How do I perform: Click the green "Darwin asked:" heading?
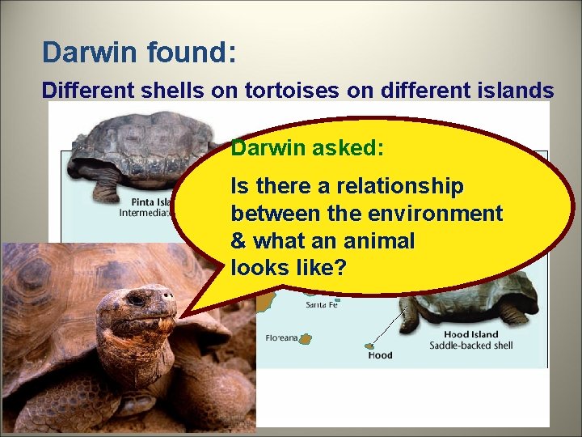[x=307, y=148]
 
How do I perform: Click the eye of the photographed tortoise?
[x=137, y=299]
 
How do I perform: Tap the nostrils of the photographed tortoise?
[x=168, y=297]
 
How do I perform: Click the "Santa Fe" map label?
[x=323, y=305]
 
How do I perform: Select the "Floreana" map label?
[x=280, y=338]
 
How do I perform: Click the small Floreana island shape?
[x=306, y=339]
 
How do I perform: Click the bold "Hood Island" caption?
[x=471, y=334]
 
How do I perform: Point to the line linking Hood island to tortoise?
[x=388, y=327]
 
